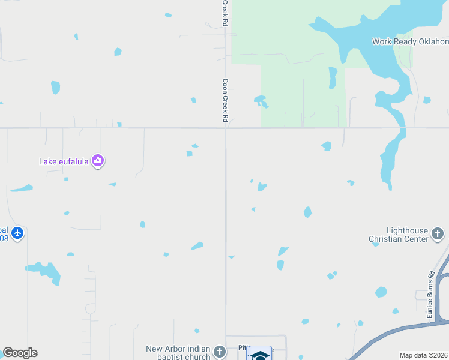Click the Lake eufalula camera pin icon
(98, 161)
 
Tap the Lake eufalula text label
(64, 161)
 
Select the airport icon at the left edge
(17, 233)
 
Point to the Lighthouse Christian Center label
(399, 234)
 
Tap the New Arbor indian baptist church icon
(220, 352)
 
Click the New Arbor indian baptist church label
(178, 353)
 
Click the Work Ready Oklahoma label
(410, 41)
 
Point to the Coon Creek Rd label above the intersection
(226, 101)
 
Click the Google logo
(20, 353)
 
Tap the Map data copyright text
(423, 355)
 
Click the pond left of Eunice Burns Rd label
(381, 292)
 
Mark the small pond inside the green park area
(261, 100)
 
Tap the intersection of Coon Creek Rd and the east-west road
(226, 128)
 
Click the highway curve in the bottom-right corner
(420, 328)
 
